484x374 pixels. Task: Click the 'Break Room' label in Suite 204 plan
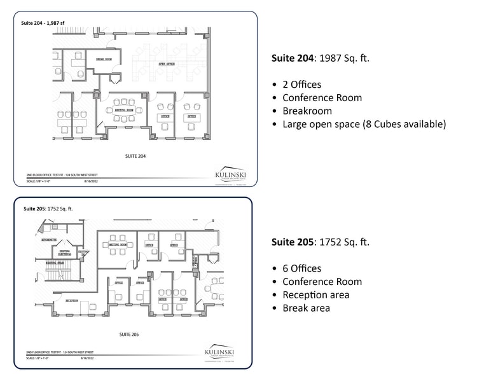tap(104, 59)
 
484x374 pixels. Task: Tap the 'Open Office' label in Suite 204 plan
tap(167, 64)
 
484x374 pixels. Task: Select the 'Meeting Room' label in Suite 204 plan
tap(124, 110)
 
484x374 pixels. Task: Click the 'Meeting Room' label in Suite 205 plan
tap(118, 244)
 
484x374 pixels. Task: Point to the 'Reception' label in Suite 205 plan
tap(72, 301)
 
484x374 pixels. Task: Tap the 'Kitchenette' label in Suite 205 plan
tap(49, 240)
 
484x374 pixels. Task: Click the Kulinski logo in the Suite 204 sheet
tap(230, 174)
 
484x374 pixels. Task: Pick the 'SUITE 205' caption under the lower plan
tap(129, 333)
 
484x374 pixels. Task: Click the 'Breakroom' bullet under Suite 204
tap(307, 111)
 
